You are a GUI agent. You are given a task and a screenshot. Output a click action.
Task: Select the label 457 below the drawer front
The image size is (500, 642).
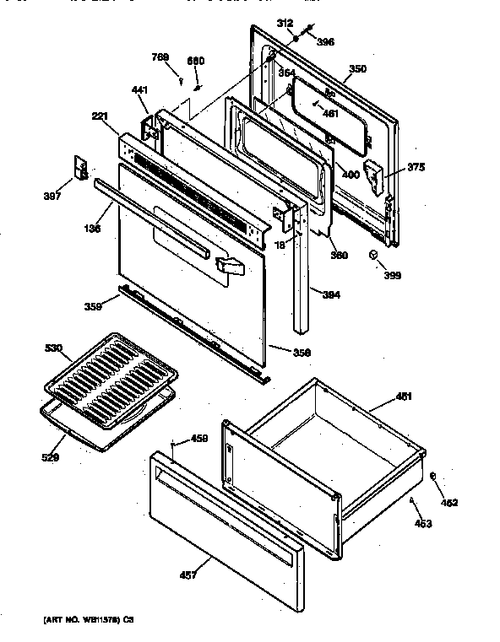point(188,575)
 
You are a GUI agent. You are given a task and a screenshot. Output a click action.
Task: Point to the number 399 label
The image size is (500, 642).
point(391,275)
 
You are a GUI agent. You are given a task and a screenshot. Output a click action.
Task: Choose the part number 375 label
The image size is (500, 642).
point(416,167)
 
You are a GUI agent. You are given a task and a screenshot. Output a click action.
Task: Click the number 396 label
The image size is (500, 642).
point(325,41)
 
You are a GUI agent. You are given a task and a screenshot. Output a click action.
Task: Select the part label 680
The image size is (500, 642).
point(196,61)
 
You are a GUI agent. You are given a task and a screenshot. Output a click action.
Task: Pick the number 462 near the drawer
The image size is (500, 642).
point(450,503)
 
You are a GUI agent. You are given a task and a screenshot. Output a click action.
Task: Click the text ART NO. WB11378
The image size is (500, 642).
point(78,620)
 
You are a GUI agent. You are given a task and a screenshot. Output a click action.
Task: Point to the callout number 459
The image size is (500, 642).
point(198,438)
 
